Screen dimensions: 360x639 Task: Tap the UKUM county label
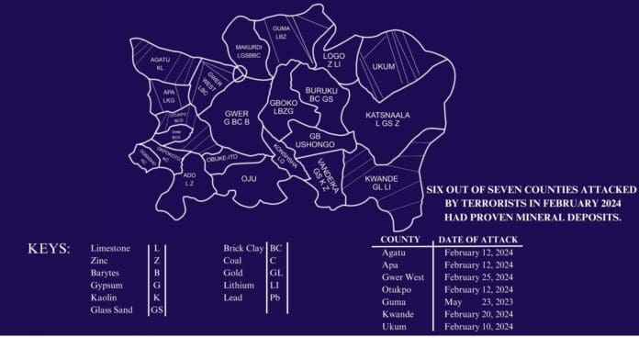pyautogui.click(x=383, y=66)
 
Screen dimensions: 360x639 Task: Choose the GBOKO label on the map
pyautogui.click(x=283, y=103)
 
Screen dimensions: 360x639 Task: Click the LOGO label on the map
pyautogui.click(x=332, y=56)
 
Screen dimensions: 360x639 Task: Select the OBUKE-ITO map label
pyautogui.click(x=222, y=157)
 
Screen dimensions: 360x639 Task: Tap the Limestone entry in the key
pyautogui.click(x=110, y=249)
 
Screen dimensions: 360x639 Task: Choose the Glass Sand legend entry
pyautogui.click(x=113, y=310)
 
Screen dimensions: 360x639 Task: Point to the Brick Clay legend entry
pyautogui.click(x=242, y=249)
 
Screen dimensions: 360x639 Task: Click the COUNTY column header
pyautogui.click(x=399, y=240)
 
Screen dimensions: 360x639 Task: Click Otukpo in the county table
pyautogui.click(x=396, y=288)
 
